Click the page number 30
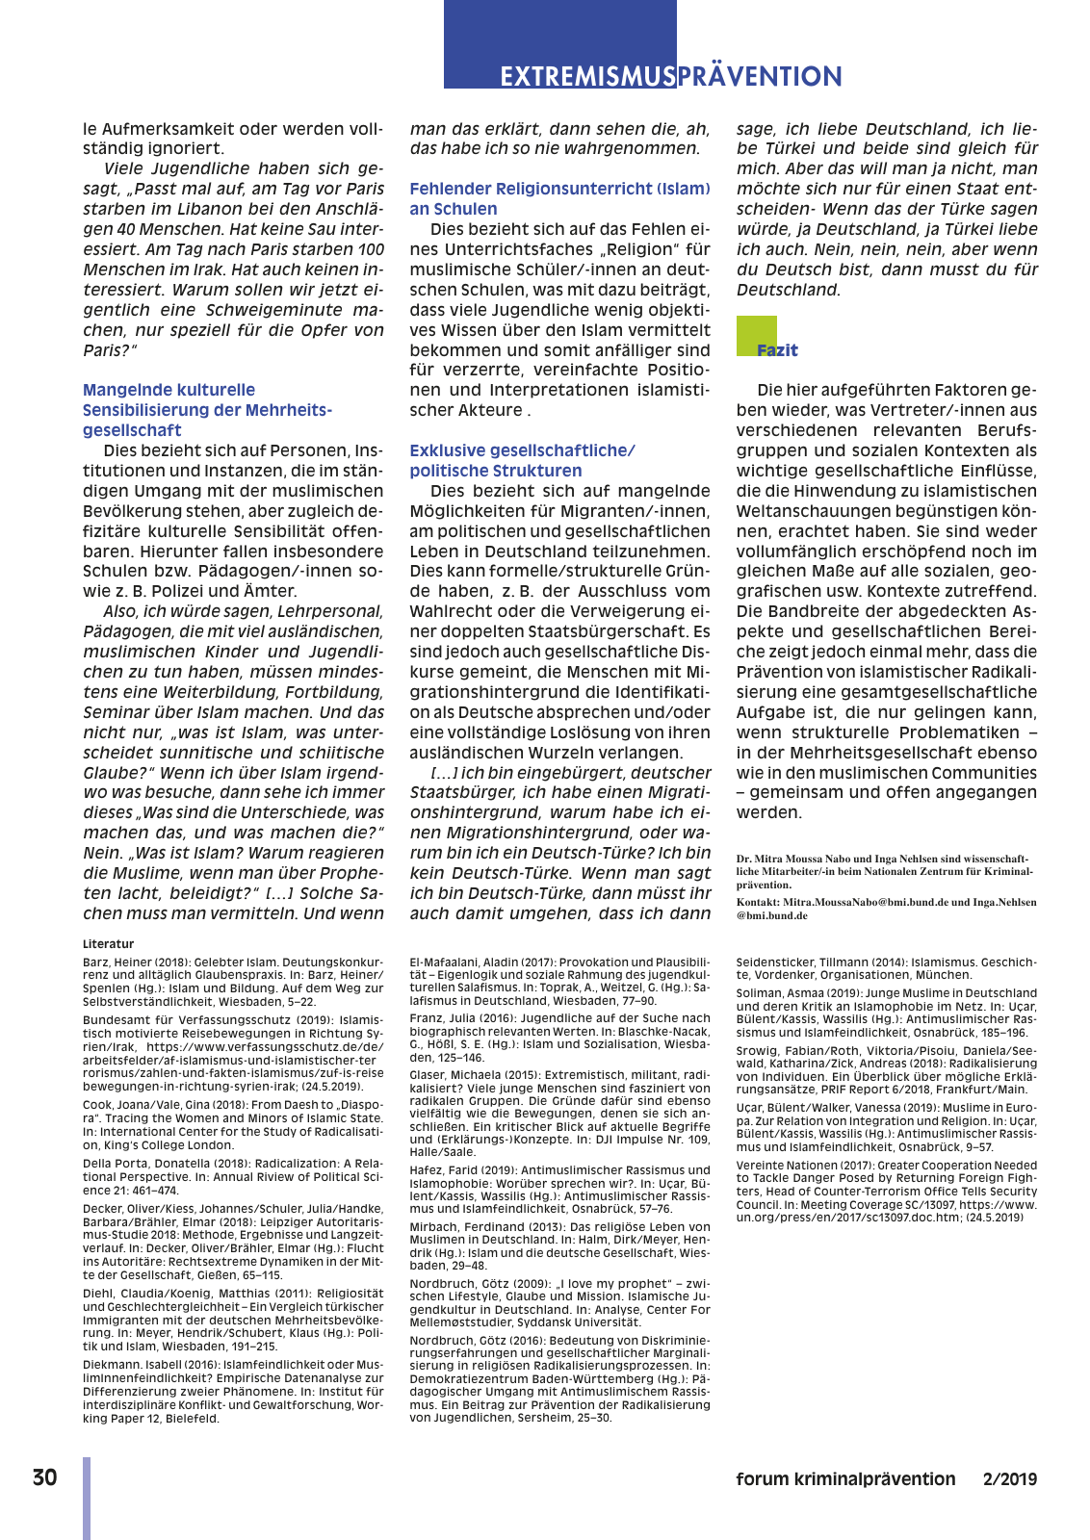tap(44, 1478)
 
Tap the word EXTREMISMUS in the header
tap(586, 77)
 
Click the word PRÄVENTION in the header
tap(760, 77)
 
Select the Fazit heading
tap(777, 350)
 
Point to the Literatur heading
tap(108, 944)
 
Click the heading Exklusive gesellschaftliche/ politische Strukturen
tap(522, 460)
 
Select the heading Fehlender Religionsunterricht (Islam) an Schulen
tap(559, 198)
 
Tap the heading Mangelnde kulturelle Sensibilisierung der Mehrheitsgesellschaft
tap(207, 410)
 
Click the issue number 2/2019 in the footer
tap(1009, 1479)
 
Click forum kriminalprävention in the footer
tap(845, 1479)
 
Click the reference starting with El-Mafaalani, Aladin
tap(559, 981)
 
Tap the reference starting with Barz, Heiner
tap(232, 981)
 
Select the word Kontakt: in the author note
tap(758, 903)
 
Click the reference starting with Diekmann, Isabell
tap(232, 1392)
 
